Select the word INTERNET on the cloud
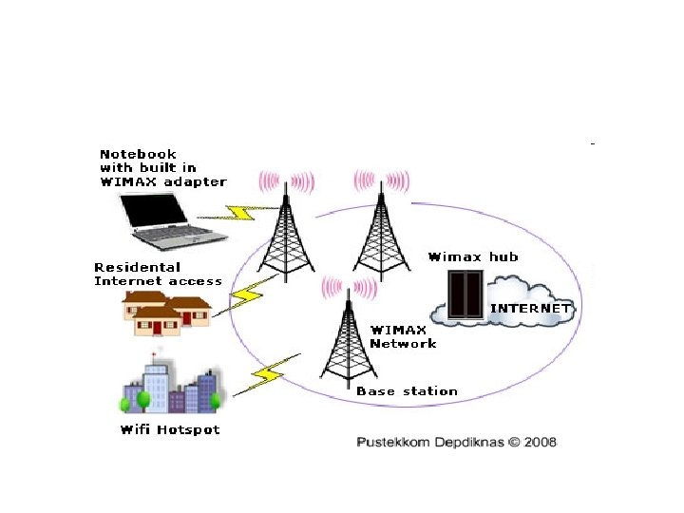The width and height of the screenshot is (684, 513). coord(531,308)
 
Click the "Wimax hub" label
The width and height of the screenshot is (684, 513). coord(473,256)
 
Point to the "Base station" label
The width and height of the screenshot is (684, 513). coord(407,390)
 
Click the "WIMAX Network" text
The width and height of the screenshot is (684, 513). coord(403,336)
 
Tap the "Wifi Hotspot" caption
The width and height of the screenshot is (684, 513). coord(169,429)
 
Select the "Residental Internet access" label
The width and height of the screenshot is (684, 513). coord(158,274)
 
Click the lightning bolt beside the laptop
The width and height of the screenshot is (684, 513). coord(243,211)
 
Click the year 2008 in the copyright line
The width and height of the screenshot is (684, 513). coord(537,442)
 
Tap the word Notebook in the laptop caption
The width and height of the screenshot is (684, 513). coord(138,154)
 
